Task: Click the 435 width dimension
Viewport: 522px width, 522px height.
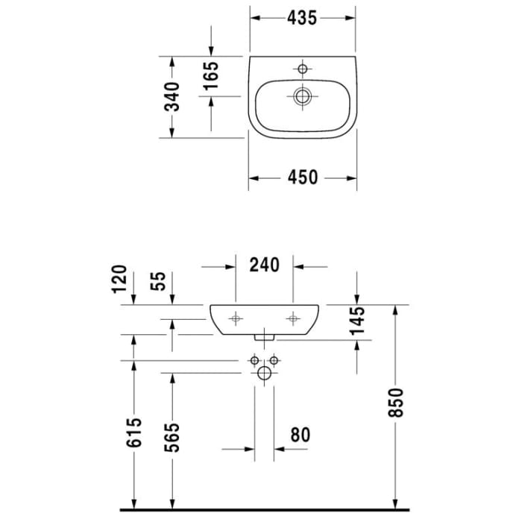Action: tap(302, 19)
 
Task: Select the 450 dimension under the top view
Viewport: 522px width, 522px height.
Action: tap(302, 177)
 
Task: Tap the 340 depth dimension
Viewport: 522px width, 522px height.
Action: tap(172, 97)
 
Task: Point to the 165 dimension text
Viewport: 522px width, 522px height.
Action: tap(211, 76)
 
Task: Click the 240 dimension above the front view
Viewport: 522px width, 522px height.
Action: tap(265, 265)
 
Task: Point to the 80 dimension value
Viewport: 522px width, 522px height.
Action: tap(300, 434)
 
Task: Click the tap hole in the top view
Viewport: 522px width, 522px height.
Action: tap(302, 69)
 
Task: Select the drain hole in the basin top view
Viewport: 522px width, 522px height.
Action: tap(302, 96)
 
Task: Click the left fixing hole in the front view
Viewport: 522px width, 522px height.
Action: tap(236, 318)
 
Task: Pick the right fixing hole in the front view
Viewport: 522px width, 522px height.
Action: tap(294, 318)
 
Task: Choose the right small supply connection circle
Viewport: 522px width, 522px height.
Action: tap(274, 362)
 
